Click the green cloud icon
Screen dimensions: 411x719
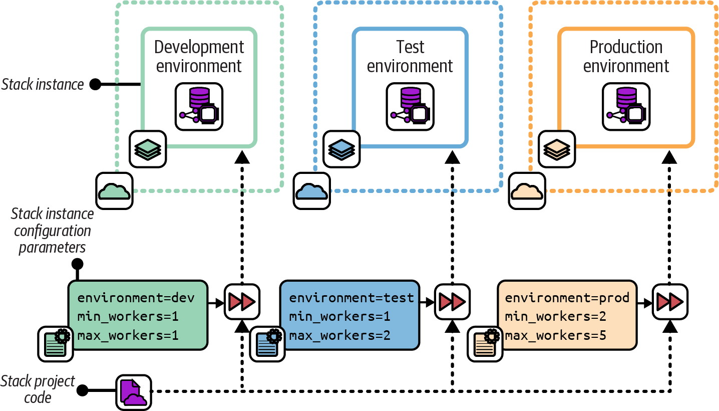tap(115, 191)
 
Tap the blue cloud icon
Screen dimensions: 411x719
tap(311, 191)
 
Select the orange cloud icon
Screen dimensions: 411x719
tap(527, 191)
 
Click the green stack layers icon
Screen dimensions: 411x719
tap(148, 149)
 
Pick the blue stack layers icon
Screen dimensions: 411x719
tap(341, 149)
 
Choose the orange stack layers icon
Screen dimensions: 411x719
tap(557, 149)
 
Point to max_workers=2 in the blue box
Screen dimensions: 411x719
tap(339, 335)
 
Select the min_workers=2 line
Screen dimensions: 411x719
tap(556, 317)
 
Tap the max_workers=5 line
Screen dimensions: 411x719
tap(556, 335)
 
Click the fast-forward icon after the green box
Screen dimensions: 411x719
tap(242, 302)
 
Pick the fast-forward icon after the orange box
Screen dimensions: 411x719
tap(670, 302)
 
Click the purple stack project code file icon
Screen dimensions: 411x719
tap(134, 392)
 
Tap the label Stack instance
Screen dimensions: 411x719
tap(43, 84)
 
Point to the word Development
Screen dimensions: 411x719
tap(199, 47)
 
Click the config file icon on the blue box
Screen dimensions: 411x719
tap(266, 344)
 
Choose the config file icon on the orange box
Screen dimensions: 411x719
tap(484, 344)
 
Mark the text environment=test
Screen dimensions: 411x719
tap(351, 298)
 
